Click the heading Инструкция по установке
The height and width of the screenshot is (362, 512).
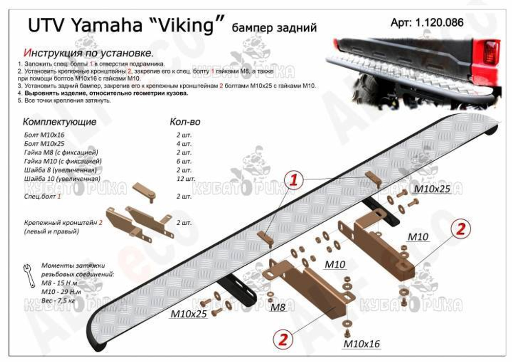(x=88, y=53)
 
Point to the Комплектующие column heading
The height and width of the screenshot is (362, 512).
(x=59, y=122)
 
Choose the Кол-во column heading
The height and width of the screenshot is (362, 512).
(x=185, y=122)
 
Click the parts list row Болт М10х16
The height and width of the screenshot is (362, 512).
(x=44, y=134)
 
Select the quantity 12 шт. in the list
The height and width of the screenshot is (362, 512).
(x=185, y=179)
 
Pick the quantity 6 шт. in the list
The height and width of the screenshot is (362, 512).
(x=183, y=161)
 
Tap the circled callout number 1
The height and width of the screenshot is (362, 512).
(x=294, y=179)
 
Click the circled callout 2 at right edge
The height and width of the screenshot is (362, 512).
(x=460, y=229)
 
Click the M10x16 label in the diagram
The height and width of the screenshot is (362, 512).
(x=361, y=344)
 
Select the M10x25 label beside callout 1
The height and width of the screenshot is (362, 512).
(x=432, y=188)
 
